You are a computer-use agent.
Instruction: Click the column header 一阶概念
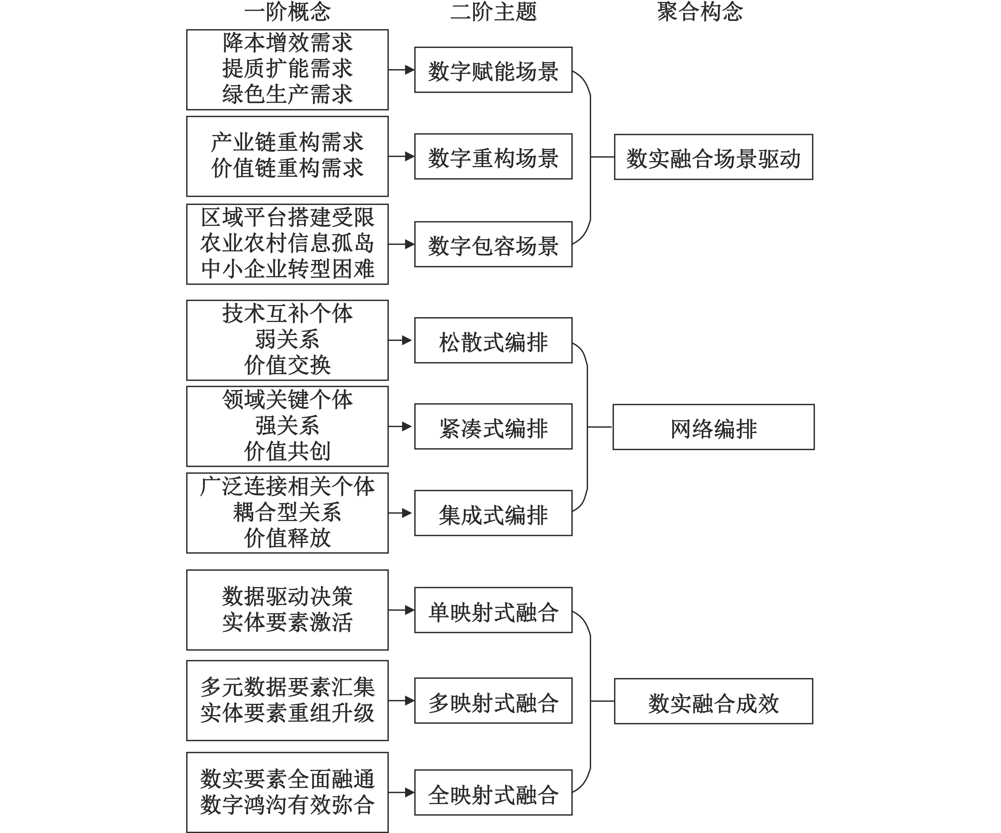click(287, 11)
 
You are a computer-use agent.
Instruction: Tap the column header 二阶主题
click(493, 11)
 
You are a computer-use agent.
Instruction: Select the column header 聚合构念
click(700, 11)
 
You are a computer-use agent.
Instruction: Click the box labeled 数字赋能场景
click(493, 70)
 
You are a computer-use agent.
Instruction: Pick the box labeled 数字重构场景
click(493, 156)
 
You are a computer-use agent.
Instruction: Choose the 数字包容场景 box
click(493, 244)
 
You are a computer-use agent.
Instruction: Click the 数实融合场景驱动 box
click(714, 157)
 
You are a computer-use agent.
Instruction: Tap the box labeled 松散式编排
click(493, 340)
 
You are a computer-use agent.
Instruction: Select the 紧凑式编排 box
click(493, 426)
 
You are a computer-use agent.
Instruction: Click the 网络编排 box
click(714, 427)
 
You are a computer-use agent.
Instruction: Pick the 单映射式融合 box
click(493, 610)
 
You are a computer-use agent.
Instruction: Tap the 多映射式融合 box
click(493, 701)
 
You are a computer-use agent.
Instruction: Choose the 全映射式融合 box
click(493, 792)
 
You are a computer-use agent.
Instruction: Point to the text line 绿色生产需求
click(287, 94)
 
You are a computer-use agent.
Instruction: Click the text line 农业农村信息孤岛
click(287, 243)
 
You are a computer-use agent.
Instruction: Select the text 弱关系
click(287, 339)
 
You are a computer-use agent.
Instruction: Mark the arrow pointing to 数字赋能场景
click(401, 70)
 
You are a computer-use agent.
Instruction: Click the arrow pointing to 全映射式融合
click(401, 792)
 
